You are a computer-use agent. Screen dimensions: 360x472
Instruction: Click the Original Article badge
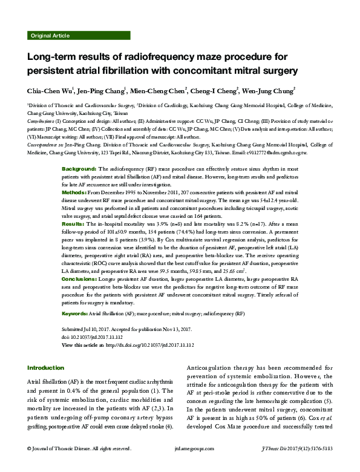[50, 36]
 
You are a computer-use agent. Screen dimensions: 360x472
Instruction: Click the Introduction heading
[46, 368]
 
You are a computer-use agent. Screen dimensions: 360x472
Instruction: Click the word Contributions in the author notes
[41, 120]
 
